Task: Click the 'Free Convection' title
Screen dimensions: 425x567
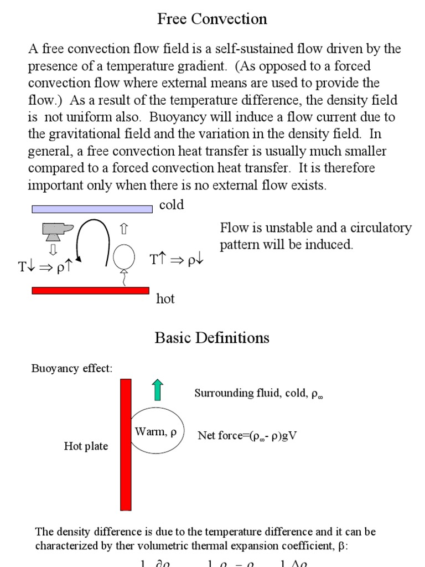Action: point(212,19)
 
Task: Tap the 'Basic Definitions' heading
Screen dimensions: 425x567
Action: point(212,338)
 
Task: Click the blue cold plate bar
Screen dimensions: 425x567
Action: point(92,209)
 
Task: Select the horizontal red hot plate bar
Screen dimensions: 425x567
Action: point(91,290)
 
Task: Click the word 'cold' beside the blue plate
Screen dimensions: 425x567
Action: point(172,205)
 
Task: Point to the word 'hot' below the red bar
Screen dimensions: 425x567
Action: point(165,299)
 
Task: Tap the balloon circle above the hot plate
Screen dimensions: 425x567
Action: point(124,256)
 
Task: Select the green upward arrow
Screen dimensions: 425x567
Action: point(158,390)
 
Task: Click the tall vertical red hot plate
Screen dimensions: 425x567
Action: point(126,444)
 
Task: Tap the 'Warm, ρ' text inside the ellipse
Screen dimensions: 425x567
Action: point(156,432)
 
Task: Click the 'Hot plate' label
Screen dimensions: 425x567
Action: point(86,446)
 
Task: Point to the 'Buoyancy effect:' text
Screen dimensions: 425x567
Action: point(72,369)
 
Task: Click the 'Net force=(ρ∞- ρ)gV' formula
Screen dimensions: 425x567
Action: point(247,436)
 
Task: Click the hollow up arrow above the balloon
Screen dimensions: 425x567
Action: point(123,228)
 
